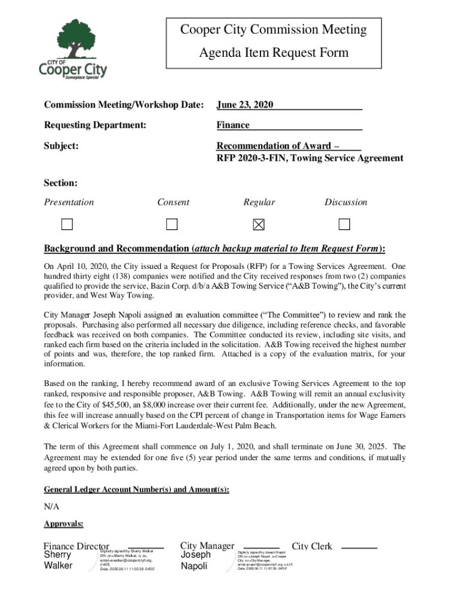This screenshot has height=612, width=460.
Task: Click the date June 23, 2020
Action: point(245,105)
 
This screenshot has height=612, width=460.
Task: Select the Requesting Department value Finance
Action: point(233,126)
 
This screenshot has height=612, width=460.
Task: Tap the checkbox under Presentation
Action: point(66,225)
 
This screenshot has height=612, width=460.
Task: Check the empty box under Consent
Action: point(172,225)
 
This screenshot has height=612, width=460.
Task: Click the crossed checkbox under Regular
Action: point(259,225)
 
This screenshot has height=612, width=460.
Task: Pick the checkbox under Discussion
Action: point(344,225)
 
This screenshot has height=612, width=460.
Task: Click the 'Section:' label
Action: point(60,183)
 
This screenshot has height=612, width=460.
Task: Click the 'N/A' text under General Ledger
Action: point(51,507)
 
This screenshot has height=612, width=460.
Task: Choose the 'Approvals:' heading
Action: point(63,525)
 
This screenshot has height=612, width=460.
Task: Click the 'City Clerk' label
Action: point(311,546)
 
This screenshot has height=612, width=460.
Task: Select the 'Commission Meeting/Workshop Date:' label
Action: point(124,105)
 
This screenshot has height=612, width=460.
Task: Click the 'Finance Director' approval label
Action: point(76,546)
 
